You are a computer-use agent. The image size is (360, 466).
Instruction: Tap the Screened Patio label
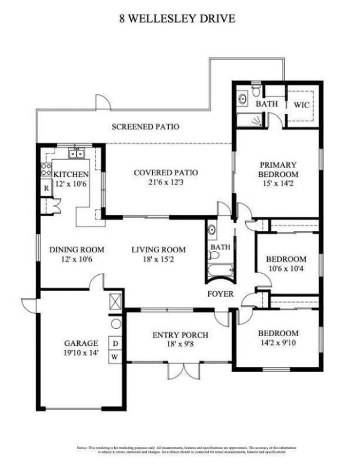point(145,127)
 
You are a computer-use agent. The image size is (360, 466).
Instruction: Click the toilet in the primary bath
point(256,90)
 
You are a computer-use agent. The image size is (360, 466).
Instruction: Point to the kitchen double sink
point(76,153)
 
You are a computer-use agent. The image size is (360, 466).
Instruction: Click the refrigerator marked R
point(46,188)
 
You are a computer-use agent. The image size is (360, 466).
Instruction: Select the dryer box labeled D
point(115,343)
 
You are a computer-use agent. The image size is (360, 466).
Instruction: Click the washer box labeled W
point(115,357)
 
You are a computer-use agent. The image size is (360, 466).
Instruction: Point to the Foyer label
point(221,294)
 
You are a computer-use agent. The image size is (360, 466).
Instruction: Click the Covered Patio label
point(165,173)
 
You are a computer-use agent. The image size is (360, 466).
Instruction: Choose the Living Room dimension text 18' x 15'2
point(158,259)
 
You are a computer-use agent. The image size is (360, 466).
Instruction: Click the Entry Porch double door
point(184,371)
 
